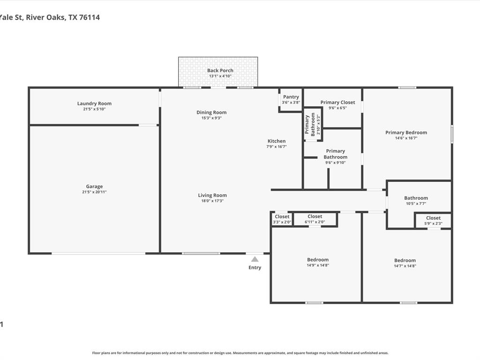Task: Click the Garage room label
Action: [x=94, y=187]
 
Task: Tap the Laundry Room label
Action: [x=94, y=104]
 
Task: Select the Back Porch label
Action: [x=220, y=71]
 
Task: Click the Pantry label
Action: [x=291, y=97]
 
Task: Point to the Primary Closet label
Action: [x=337, y=102]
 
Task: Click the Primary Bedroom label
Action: [x=406, y=133]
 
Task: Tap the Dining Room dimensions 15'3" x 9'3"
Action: [x=211, y=118]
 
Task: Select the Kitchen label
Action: [x=277, y=141]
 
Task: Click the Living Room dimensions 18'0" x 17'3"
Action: [x=212, y=201]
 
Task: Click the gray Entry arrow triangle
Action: [x=255, y=259]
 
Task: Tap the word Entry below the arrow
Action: [x=255, y=268]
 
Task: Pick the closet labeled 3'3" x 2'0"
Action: [x=282, y=219]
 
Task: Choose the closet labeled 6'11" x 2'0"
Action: [x=315, y=219]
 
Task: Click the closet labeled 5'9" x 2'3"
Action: [x=433, y=221]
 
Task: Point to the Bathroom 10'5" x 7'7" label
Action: [x=416, y=201]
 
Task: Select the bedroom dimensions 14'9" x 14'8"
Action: [x=318, y=265]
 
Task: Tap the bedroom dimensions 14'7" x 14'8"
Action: [x=405, y=266]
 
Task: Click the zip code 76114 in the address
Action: [x=90, y=17]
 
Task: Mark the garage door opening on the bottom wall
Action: [x=98, y=254]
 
